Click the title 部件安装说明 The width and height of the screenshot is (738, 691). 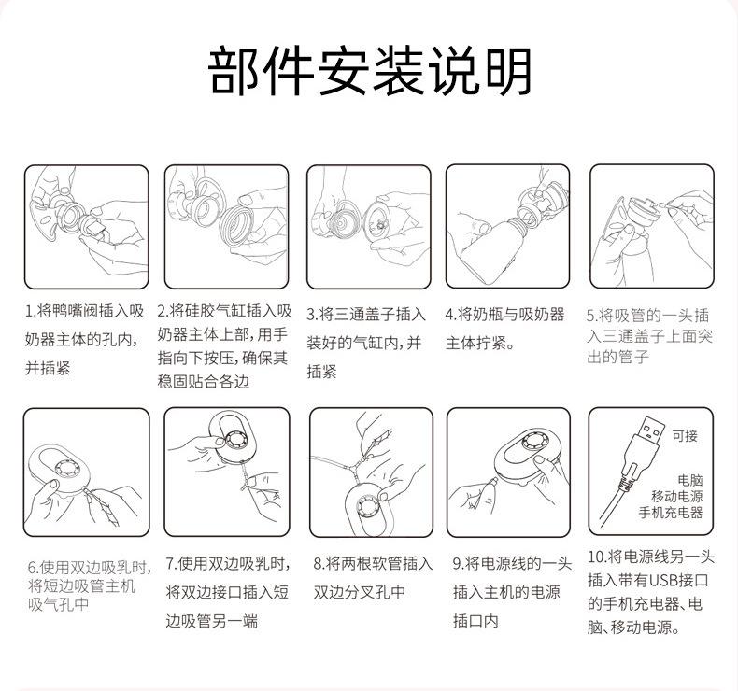(x=370, y=72)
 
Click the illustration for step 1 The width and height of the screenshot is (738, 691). (x=86, y=226)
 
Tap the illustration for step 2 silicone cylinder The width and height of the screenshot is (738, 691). (x=227, y=226)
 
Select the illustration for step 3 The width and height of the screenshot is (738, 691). (x=368, y=226)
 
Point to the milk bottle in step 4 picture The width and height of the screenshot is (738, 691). (x=486, y=245)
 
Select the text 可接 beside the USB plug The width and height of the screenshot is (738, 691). (x=685, y=435)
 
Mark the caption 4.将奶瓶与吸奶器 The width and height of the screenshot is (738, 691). (x=504, y=328)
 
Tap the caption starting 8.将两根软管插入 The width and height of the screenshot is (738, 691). (x=371, y=577)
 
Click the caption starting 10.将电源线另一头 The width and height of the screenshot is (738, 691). (x=651, y=592)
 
